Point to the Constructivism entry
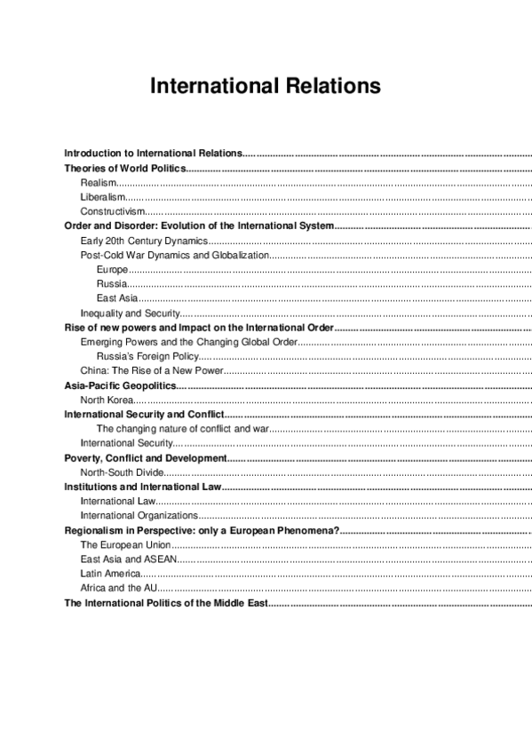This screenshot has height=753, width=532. pyautogui.click(x=112, y=211)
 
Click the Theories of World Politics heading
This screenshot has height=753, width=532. pyautogui.click(x=125, y=168)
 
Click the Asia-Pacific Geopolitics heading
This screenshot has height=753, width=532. pyautogui.click(x=120, y=385)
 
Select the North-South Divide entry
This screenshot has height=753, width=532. pyautogui.click(x=123, y=472)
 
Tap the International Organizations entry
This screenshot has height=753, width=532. pyautogui.click(x=139, y=515)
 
